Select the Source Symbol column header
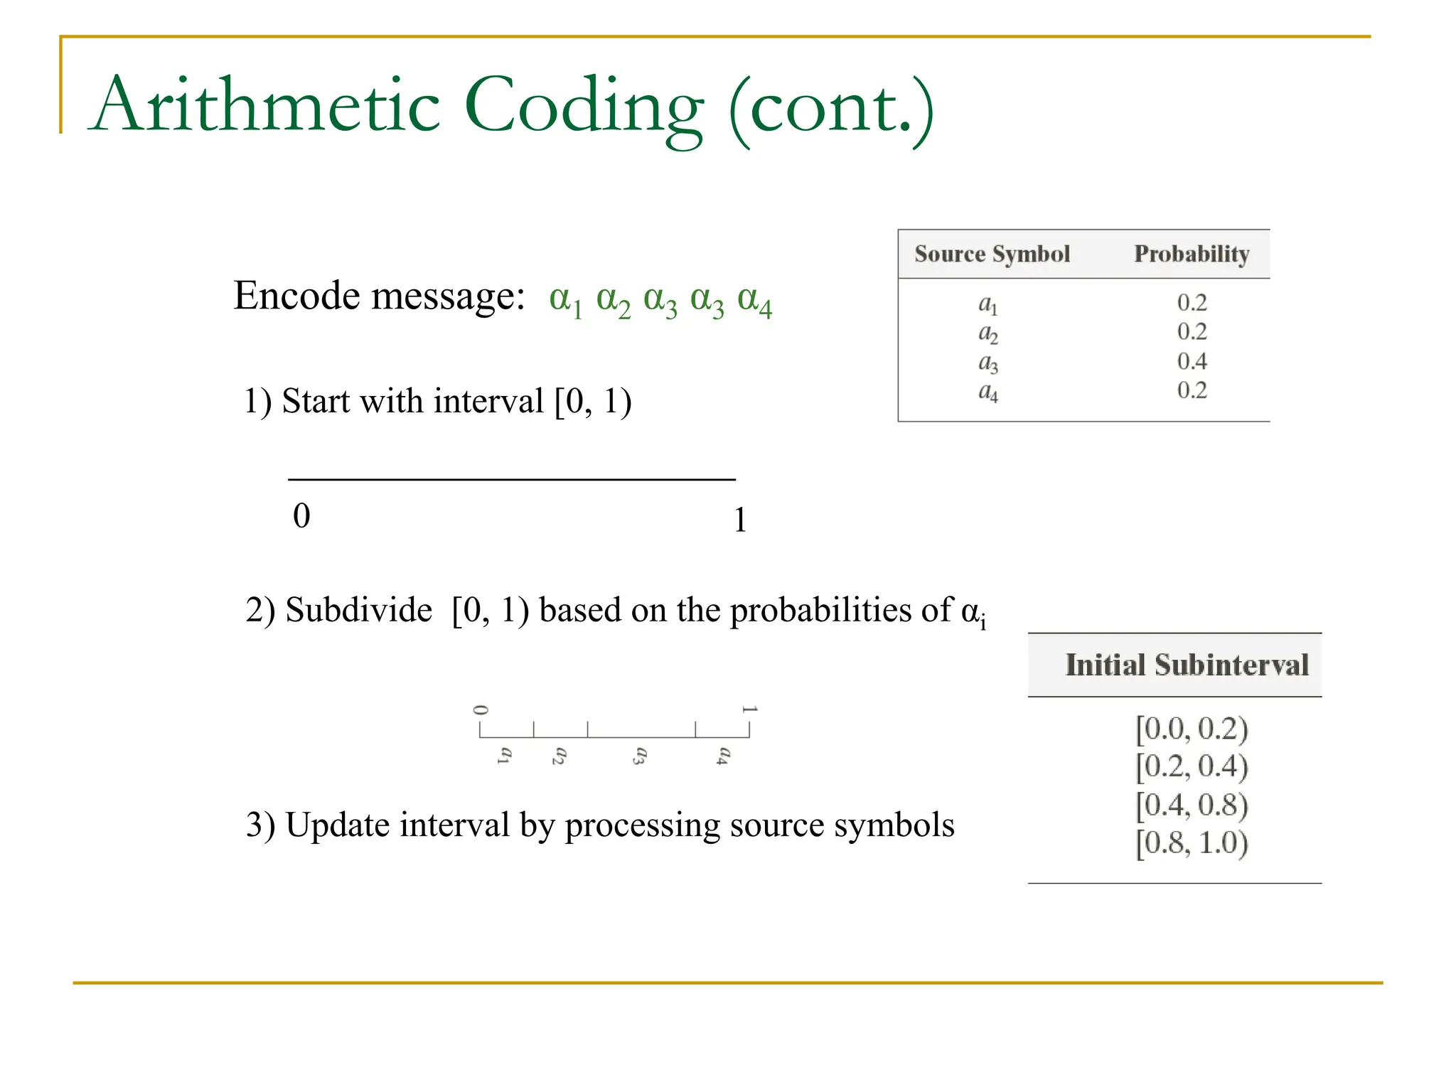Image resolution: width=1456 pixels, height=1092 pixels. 992,254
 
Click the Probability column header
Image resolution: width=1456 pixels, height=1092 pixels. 1192,254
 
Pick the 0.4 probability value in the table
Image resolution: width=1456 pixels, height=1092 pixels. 1192,361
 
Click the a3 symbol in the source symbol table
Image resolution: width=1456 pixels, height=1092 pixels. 988,363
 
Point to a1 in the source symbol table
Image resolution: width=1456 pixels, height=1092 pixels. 988,304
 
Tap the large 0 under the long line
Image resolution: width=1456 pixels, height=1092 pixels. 301,515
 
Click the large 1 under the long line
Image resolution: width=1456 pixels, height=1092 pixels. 740,520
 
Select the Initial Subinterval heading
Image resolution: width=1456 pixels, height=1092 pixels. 1187,665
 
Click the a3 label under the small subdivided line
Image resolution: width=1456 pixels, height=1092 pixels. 640,755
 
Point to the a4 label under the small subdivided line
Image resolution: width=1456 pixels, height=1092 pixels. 723,755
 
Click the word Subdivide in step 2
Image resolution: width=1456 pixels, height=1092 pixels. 358,610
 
